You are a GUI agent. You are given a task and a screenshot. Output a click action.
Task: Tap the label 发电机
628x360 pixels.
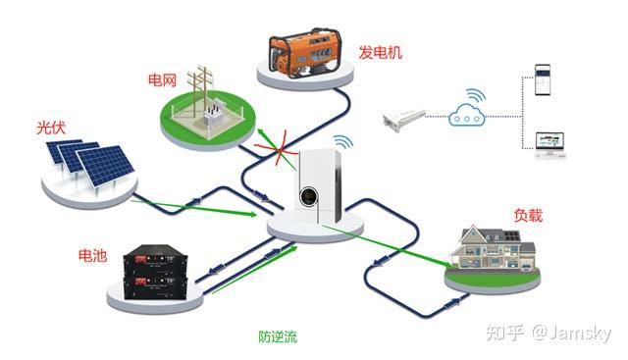[x=380, y=50]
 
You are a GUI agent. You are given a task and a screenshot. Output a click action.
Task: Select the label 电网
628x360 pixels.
[x=162, y=77]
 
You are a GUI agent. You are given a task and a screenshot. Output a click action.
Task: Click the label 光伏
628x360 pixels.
[x=50, y=128]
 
